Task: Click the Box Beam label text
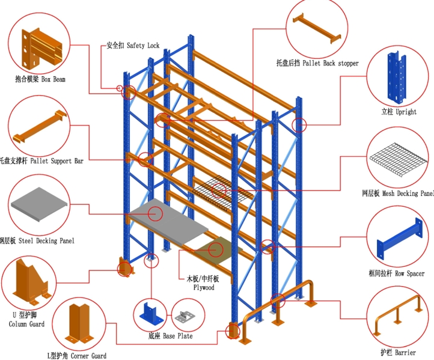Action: [x=40, y=79]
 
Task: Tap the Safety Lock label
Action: [x=132, y=45]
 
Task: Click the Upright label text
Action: [x=399, y=112]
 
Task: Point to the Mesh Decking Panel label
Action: [x=397, y=194]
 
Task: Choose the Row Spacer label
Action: [x=396, y=273]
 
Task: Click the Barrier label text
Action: [x=397, y=353]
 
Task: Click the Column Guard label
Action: [x=26, y=320]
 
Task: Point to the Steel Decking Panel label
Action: [x=37, y=241]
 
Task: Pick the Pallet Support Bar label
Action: [x=42, y=160]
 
